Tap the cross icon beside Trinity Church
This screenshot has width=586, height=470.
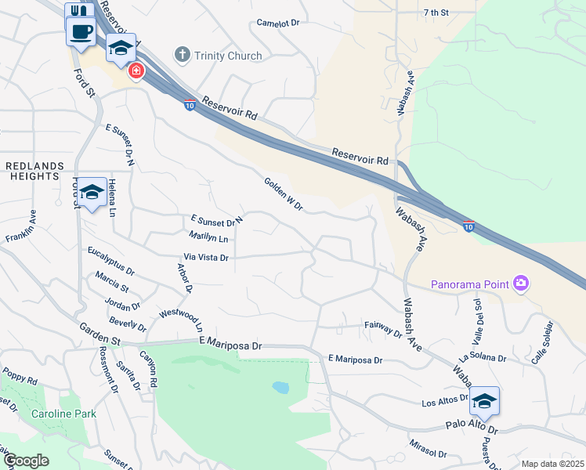pyautogui.click(x=182, y=55)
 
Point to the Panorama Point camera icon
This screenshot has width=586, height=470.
pyautogui.click(x=520, y=283)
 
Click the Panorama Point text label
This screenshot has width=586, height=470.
pyautogui.click(x=469, y=283)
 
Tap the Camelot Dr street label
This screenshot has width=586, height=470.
pyautogui.click(x=279, y=23)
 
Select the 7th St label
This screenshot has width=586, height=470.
pyautogui.click(x=436, y=13)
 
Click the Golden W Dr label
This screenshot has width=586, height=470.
pyautogui.click(x=283, y=193)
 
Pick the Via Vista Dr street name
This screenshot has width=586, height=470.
pyautogui.click(x=205, y=257)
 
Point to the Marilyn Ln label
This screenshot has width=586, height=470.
pyautogui.click(x=208, y=237)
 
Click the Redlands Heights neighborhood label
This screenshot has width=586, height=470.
pyautogui.click(x=31, y=172)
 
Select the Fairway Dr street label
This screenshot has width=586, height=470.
pyautogui.click(x=383, y=328)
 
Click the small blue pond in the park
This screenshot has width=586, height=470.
pyautogui.click(x=280, y=387)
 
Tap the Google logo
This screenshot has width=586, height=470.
pyautogui.click(x=25, y=461)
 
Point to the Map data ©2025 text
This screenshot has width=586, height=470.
pyautogui.click(x=552, y=464)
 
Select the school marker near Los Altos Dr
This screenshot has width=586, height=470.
pyautogui.click(x=485, y=401)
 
